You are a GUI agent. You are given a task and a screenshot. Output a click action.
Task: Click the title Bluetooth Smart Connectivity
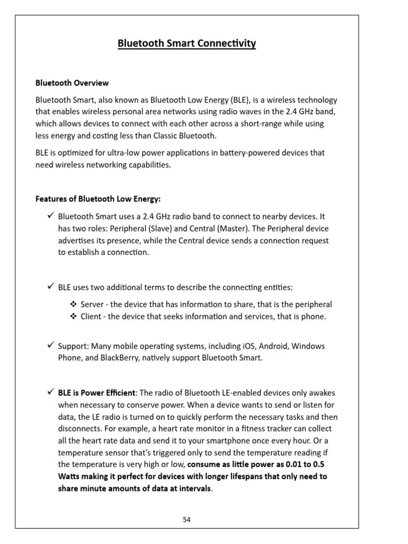186,44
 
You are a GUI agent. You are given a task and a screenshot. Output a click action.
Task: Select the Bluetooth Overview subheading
72,83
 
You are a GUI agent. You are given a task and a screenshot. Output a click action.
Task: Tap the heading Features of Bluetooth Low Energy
98,199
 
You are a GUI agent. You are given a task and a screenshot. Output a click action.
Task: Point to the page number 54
186,520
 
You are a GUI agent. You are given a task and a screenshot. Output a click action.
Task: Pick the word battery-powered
256,153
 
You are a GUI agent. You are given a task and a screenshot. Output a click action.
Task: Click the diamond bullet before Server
73,304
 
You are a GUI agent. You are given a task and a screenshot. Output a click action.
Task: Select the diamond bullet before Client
73,317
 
